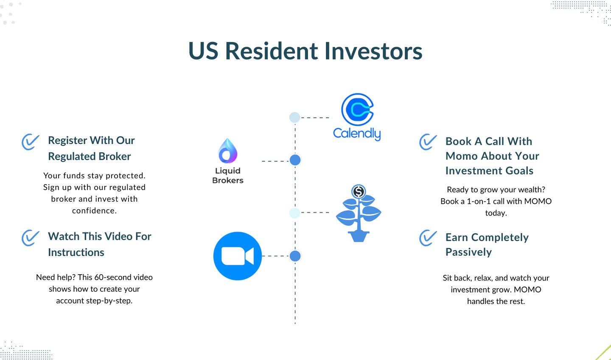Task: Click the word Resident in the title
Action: point(272,51)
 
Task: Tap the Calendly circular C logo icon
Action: point(357,110)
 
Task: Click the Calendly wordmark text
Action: point(357,134)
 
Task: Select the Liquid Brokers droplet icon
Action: point(228,151)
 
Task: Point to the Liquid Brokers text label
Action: point(228,175)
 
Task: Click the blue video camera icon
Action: point(238,256)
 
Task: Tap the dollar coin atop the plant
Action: point(359,191)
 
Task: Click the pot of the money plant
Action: point(359,236)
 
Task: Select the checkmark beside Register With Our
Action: point(30,142)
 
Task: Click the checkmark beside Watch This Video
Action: point(30,238)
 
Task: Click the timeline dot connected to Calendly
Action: point(294,117)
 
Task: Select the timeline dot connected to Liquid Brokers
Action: point(295,160)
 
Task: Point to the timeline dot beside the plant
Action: point(294,213)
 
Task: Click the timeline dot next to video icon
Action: point(295,256)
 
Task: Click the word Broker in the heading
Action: point(115,156)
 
